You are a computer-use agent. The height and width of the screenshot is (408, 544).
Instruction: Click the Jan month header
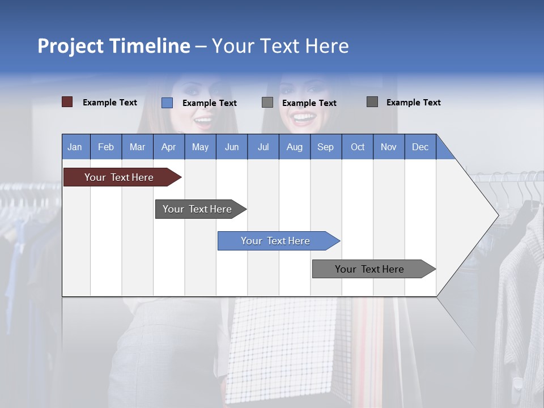coord(75,147)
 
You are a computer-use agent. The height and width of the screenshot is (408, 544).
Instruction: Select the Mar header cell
coord(137,147)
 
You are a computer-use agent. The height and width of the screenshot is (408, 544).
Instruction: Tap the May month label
coord(200,147)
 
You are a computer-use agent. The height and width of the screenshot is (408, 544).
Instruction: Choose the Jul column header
coord(263,147)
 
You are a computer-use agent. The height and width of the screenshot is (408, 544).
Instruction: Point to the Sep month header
coord(325,147)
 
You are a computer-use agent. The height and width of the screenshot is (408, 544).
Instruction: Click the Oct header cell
coord(358,147)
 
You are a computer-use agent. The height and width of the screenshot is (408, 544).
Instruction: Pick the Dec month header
coord(420,147)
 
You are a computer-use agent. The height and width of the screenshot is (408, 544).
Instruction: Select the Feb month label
coord(106,147)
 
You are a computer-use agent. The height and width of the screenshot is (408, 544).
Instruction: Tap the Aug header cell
coord(294,147)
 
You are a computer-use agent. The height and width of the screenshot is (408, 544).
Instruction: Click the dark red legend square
coord(67,102)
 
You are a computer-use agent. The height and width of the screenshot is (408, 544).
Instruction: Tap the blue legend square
coord(167,103)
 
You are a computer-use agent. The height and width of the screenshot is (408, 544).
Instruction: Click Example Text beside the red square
coord(110,103)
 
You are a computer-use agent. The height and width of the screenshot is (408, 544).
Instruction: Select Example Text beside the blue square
coord(210,103)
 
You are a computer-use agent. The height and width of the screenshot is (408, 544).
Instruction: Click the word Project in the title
coord(70,46)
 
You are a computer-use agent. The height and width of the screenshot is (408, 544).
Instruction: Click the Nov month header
coord(389,147)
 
